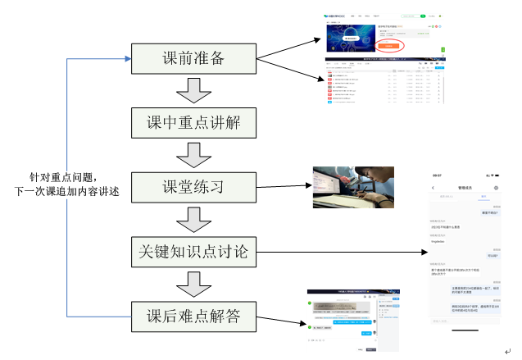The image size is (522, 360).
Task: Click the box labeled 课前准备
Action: coord(194,58)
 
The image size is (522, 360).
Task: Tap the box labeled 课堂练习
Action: coord(194,186)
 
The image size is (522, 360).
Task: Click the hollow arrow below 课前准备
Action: coord(194,90)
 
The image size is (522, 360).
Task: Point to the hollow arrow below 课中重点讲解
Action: coord(194,154)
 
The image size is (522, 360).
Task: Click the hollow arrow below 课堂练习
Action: coord(194,218)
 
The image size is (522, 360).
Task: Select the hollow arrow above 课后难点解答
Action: coord(194,282)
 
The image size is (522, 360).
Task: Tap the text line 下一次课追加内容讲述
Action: coord(67,191)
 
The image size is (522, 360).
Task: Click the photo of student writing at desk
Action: coord(353,188)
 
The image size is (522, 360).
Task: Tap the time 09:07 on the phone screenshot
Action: coord(438,175)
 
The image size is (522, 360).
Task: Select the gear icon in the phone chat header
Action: coord(496,188)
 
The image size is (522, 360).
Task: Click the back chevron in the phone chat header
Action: coord(433,188)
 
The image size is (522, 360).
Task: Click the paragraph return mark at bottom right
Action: coord(507,352)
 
